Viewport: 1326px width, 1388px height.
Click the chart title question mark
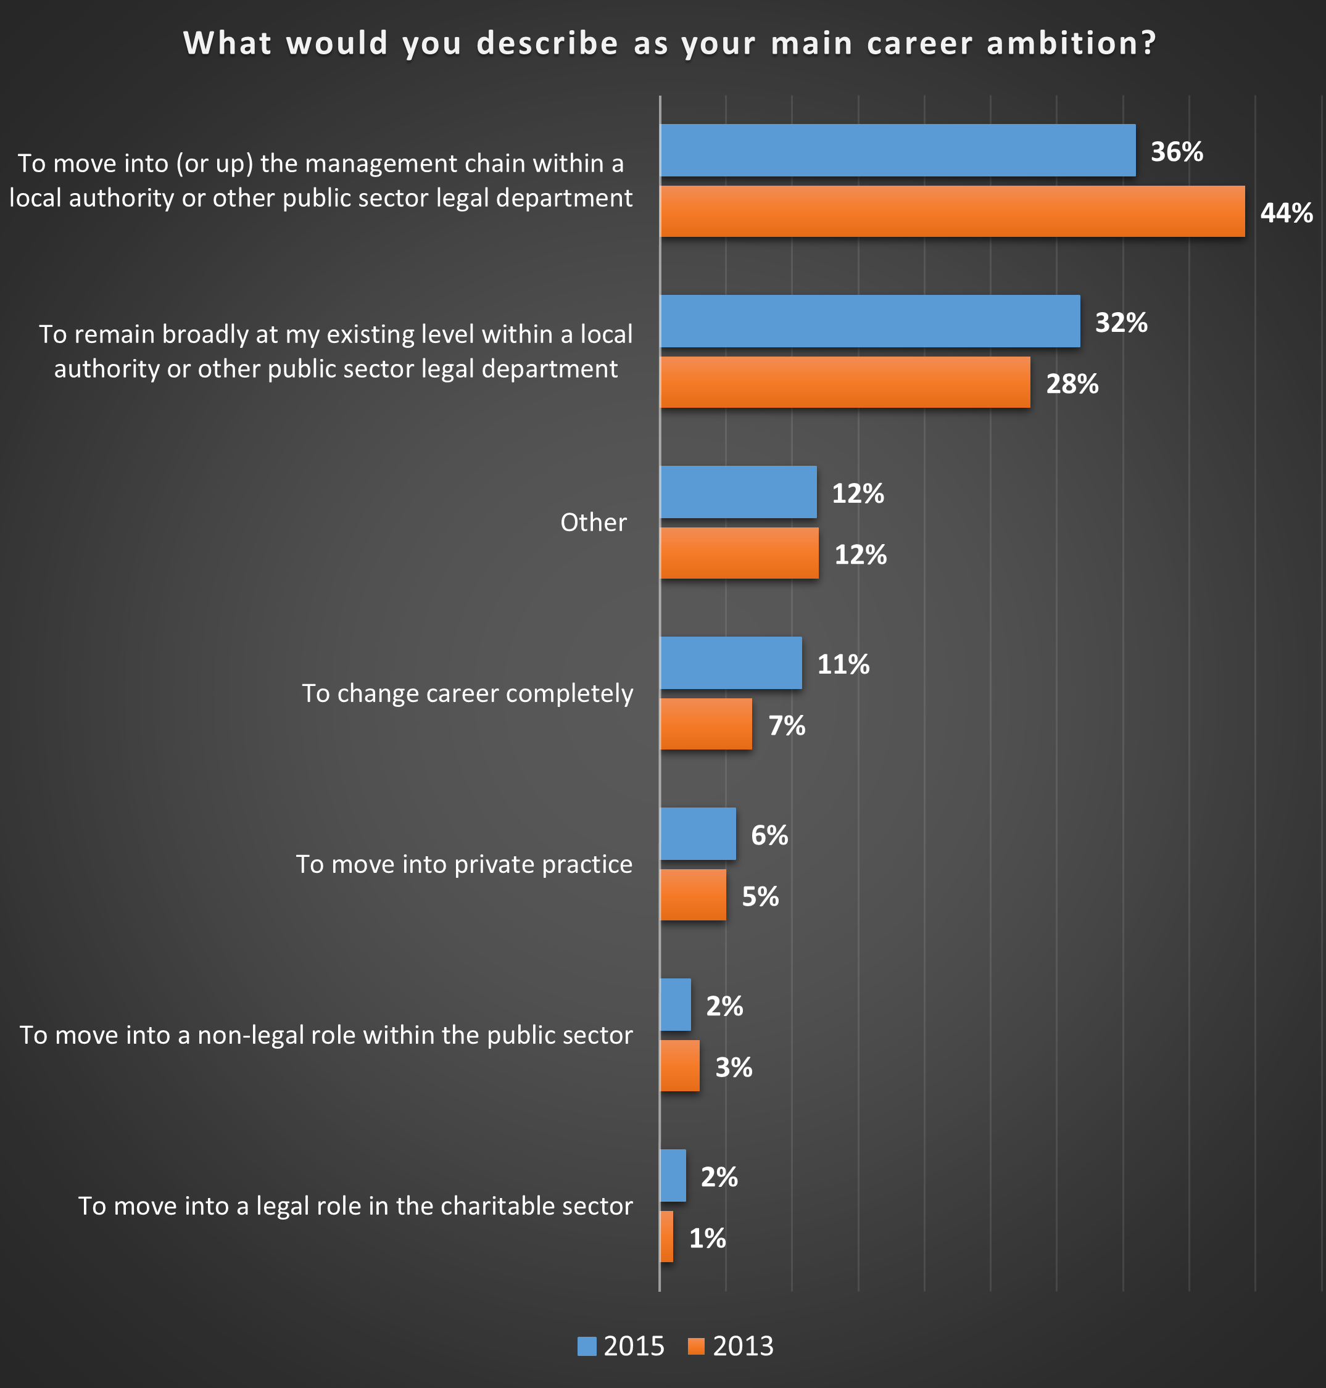click(1148, 43)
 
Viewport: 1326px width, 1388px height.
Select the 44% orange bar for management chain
click(951, 212)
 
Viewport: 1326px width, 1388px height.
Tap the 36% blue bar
click(897, 151)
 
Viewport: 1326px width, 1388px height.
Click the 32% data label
click(1121, 322)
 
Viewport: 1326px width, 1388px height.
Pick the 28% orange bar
click(845, 382)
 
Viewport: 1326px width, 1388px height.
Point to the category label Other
click(593, 523)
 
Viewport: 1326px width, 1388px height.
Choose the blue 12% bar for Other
click(738, 492)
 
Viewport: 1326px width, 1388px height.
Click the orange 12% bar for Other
click(739, 553)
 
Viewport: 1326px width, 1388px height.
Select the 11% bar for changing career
click(731, 663)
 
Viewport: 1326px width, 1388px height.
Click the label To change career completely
click(467, 693)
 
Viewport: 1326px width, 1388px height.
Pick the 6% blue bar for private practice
click(698, 834)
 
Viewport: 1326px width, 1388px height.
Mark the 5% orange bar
click(693, 894)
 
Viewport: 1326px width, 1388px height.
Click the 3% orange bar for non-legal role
click(679, 1066)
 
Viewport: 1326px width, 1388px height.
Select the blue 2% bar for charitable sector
click(672, 1175)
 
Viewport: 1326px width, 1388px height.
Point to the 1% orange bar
click(666, 1237)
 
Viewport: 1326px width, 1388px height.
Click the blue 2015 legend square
click(587, 1346)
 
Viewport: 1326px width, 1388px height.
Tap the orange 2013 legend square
click(696, 1346)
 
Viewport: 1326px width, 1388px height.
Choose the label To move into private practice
click(463, 864)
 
